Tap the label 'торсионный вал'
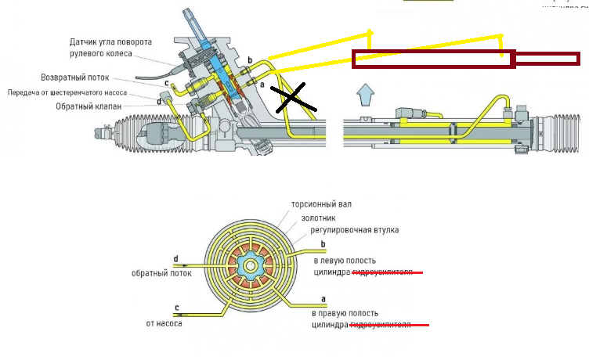(x=322, y=203)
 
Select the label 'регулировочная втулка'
(x=354, y=230)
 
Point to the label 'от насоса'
(x=164, y=322)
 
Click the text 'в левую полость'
(x=345, y=260)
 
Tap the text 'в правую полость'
(x=347, y=312)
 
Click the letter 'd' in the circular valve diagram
(x=175, y=258)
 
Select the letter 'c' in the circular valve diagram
(x=177, y=307)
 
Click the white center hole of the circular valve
(x=250, y=267)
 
